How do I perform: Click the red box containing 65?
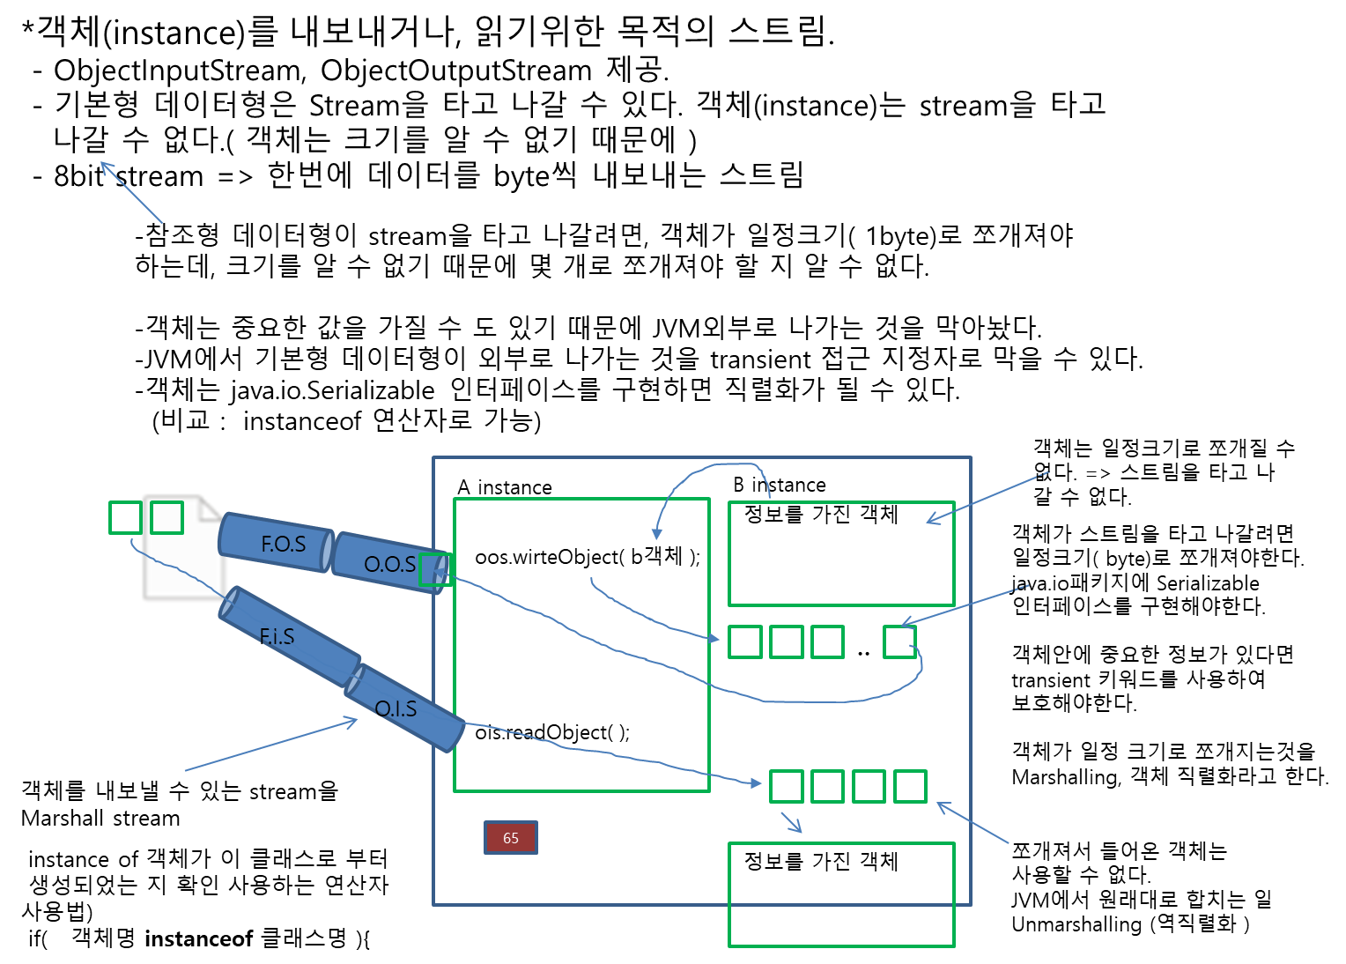pyautogui.click(x=511, y=838)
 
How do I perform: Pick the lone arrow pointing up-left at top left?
pyautogui.click(x=131, y=192)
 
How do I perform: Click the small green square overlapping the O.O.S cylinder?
pyautogui.click(x=435, y=569)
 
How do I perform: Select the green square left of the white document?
pyautogui.click(x=125, y=517)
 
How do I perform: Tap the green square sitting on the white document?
pyautogui.click(x=166, y=517)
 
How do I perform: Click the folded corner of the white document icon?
pyautogui.click(x=211, y=508)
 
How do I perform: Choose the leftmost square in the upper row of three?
pyautogui.click(x=745, y=641)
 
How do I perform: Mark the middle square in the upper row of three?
pyautogui.click(x=787, y=641)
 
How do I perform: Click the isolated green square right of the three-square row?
pyautogui.click(x=899, y=641)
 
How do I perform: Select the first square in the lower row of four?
pyautogui.click(x=787, y=786)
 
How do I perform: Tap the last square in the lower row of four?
pyautogui.click(x=910, y=786)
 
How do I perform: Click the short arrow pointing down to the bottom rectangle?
pyautogui.click(x=791, y=822)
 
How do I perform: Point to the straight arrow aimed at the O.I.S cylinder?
pyautogui.click(x=271, y=745)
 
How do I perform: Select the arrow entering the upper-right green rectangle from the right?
pyautogui.click(x=987, y=498)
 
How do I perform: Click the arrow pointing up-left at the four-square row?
pyautogui.click(x=973, y=822)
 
